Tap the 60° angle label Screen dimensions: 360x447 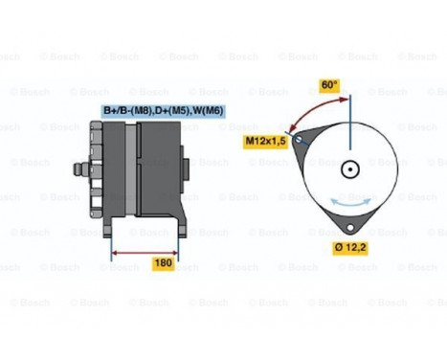point(329,85)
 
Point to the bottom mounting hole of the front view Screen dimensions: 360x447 point(351,226)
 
